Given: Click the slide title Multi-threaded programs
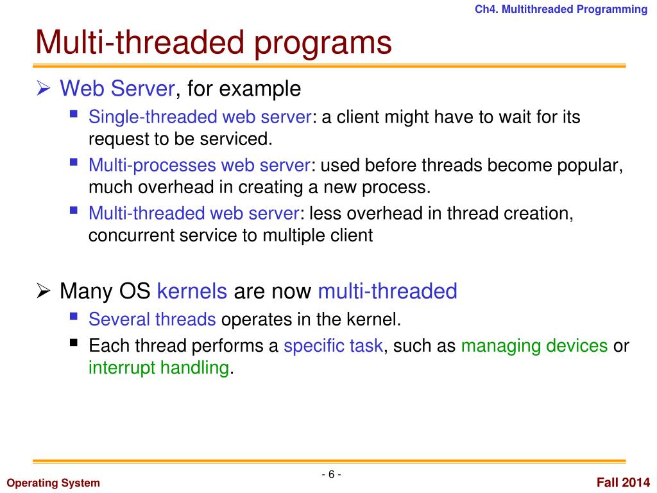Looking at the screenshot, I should (213, 43).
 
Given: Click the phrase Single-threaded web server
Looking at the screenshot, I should (200, 117).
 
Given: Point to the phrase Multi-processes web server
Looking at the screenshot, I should (200, 166).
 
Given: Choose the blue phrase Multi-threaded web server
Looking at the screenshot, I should (193, 214).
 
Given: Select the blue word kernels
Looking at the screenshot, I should (192, 291).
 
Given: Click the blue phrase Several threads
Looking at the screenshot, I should (151, 319).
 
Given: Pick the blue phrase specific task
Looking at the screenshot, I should (333, 347).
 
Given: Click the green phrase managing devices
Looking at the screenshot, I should (534, 347).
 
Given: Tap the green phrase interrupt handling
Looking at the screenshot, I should (158, 368).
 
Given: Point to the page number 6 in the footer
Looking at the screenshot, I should (331, 474).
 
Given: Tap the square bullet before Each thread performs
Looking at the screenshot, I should (74, 343).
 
